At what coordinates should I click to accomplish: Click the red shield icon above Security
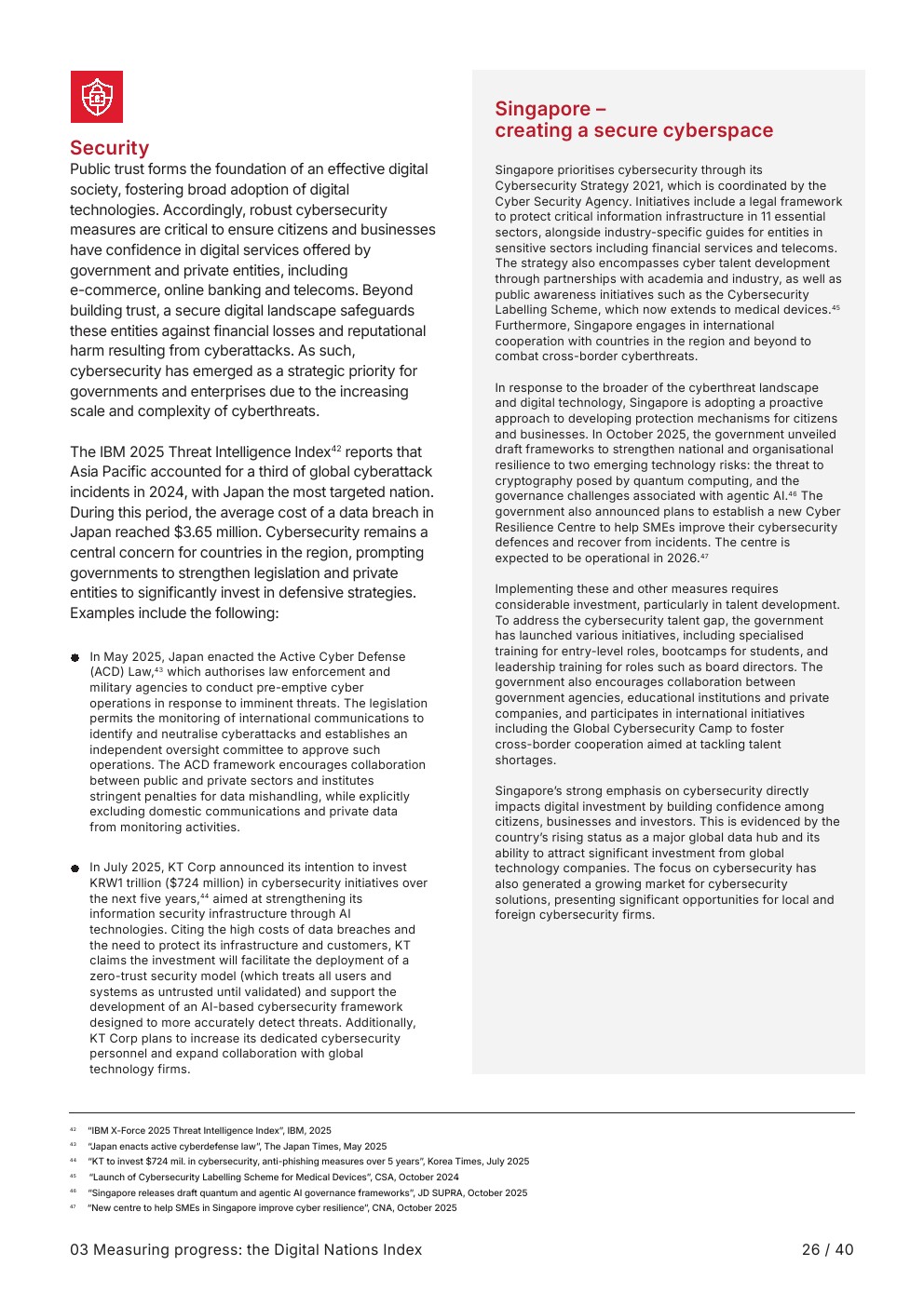tap(97, 97)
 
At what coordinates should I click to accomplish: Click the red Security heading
tap(109, 148)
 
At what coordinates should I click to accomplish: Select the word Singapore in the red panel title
tap(542, 109)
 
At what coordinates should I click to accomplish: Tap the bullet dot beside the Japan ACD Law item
tap(75, 658)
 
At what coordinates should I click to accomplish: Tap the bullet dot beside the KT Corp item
tap(75, 868)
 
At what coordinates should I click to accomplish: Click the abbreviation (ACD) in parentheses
tap(109, 672)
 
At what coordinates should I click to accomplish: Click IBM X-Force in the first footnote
tap(119, 1131)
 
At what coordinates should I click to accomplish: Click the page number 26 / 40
tap(827, 1250)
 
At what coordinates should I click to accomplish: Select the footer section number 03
tap(79, 1250)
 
